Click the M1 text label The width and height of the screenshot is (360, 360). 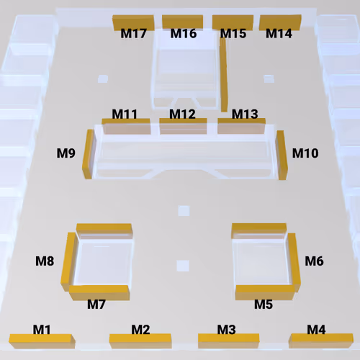tap(42, 330)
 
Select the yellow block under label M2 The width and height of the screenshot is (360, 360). tap(140, 341)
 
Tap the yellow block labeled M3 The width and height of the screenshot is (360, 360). tap(229, 341)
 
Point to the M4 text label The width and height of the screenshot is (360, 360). tap(316, 330)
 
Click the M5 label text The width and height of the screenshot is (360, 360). tap(264, 305)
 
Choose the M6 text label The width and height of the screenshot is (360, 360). tap(314, 261)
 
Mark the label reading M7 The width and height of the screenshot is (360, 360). tap(96, 305)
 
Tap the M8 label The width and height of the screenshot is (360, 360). tap(45, 261)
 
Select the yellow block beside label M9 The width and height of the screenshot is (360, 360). tap(88, 154)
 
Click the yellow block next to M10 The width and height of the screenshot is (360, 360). tap(282, 155)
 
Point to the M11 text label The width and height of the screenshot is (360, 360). tap(125, 114)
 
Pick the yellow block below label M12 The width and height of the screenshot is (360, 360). tap(183, 126)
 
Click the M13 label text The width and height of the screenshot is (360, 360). tap(245, 114)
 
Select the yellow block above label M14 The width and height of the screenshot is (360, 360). tap(280, 22)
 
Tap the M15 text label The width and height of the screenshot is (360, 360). tap(233, 33)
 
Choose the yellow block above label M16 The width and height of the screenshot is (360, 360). tap(183, 22)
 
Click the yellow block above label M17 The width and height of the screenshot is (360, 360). tap(133, 22)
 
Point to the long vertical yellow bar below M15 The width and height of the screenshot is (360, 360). tap(223, 75)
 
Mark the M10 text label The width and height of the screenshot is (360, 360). tap(305, 153)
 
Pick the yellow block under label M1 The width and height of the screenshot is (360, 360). tap(42, 341)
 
